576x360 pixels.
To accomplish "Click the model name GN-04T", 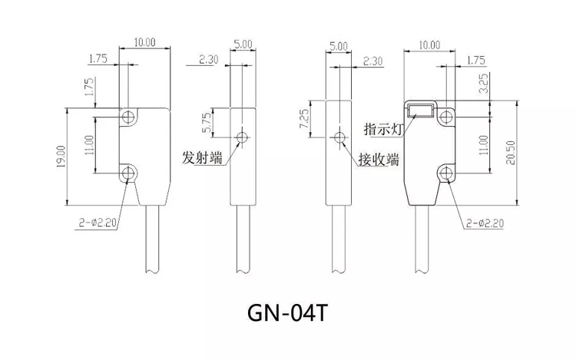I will point(288,314).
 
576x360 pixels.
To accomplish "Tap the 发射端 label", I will point(202,158).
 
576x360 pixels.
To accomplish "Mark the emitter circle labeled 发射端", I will point(243,138).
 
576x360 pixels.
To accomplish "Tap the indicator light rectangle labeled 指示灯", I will point(420,111).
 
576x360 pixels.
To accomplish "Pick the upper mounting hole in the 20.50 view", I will point(446,117).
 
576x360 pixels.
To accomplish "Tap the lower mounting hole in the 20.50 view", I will point(446,172).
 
